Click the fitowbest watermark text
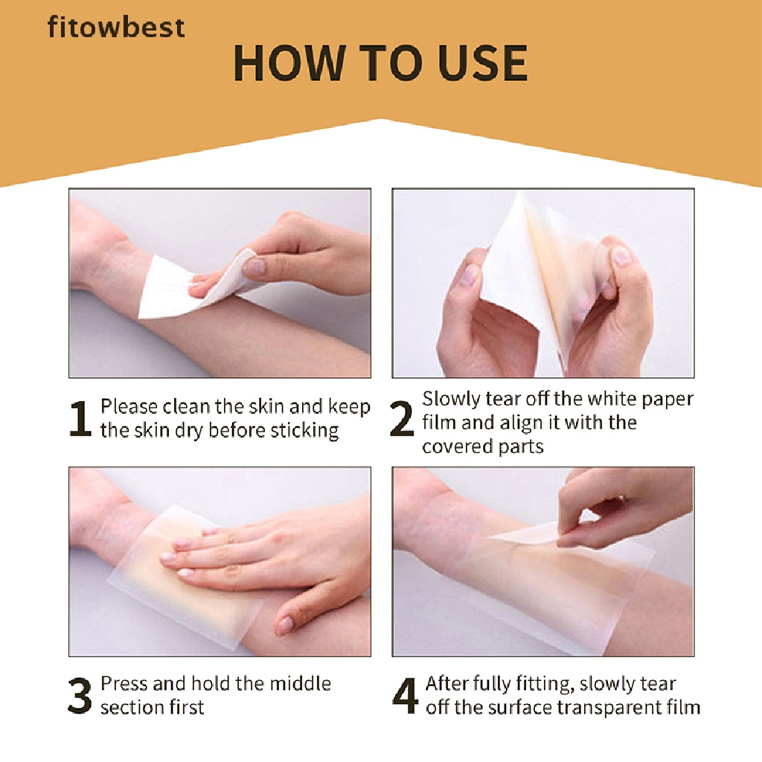(115, 28)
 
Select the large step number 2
(402, 421)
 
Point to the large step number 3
(80, 697)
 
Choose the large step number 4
(405, 697)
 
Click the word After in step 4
(446, 683)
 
